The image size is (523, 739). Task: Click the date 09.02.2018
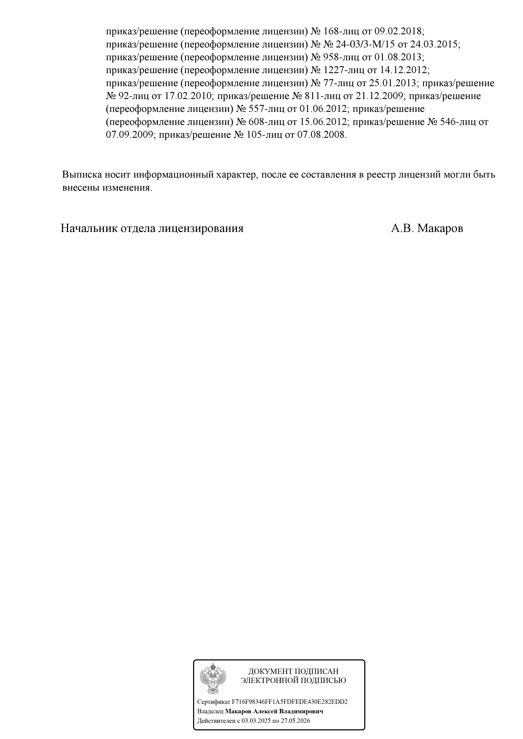pyautogui.click(x=399, y=32)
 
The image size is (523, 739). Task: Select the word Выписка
pyautogui.click(x=82, y=175)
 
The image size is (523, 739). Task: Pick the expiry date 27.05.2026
pyautogui.click(x=295, y=721)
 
